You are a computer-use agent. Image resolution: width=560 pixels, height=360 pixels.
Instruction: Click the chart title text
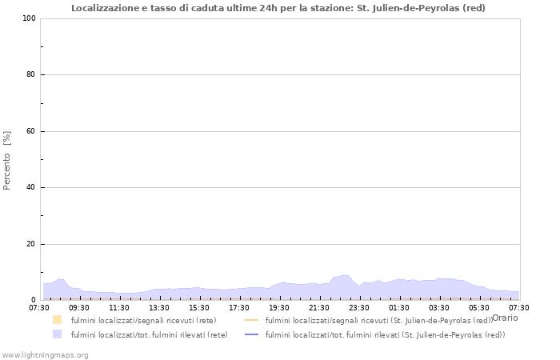point(278,8)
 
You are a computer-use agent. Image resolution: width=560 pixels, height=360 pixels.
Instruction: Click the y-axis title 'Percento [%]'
point(7,160)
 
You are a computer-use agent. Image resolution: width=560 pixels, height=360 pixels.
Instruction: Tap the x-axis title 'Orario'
point(505,318)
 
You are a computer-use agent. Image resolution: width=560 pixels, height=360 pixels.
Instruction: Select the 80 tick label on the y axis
point(30,75)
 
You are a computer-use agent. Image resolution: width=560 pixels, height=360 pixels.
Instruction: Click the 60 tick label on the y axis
point(30,131)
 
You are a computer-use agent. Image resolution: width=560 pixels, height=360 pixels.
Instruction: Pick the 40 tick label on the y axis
point(30,188)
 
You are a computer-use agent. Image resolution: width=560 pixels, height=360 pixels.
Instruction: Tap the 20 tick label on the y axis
point(30,244)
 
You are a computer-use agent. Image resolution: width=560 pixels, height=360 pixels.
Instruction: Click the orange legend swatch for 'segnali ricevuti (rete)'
point(57,320)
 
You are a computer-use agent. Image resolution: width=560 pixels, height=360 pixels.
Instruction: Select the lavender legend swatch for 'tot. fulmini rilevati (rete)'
point(57,334)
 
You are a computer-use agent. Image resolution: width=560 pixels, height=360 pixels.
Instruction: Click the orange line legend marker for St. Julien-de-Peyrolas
point(251,320)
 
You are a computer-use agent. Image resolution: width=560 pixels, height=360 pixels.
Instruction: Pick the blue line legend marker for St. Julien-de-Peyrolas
point(251,334)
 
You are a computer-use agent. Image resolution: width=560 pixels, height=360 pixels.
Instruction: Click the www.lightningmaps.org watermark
point(46,354)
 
